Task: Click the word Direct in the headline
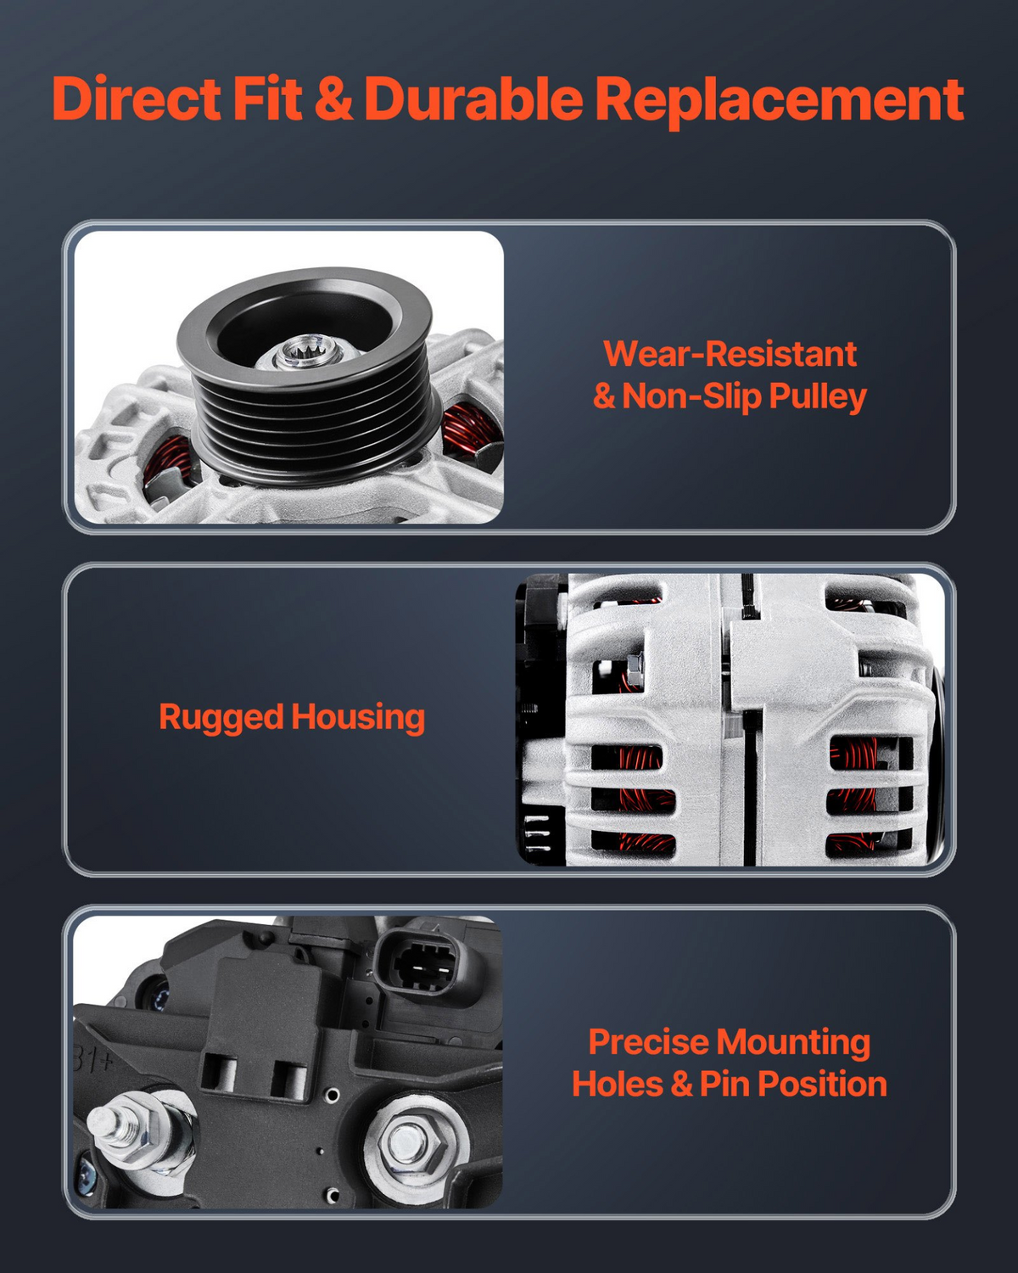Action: click(136, 98)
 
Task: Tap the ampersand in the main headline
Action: click(333, 98)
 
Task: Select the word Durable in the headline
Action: click(473, 98)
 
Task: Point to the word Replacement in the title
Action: click(779, 100)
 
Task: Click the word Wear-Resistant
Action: click(730, 354)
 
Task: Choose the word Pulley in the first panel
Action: click(818, 396)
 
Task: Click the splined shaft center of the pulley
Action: click(308, 350)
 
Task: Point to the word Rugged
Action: click(221, 718)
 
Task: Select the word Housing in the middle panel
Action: click(358, 718)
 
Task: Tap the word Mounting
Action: click(793, 1044)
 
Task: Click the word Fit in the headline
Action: click(267, 98)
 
